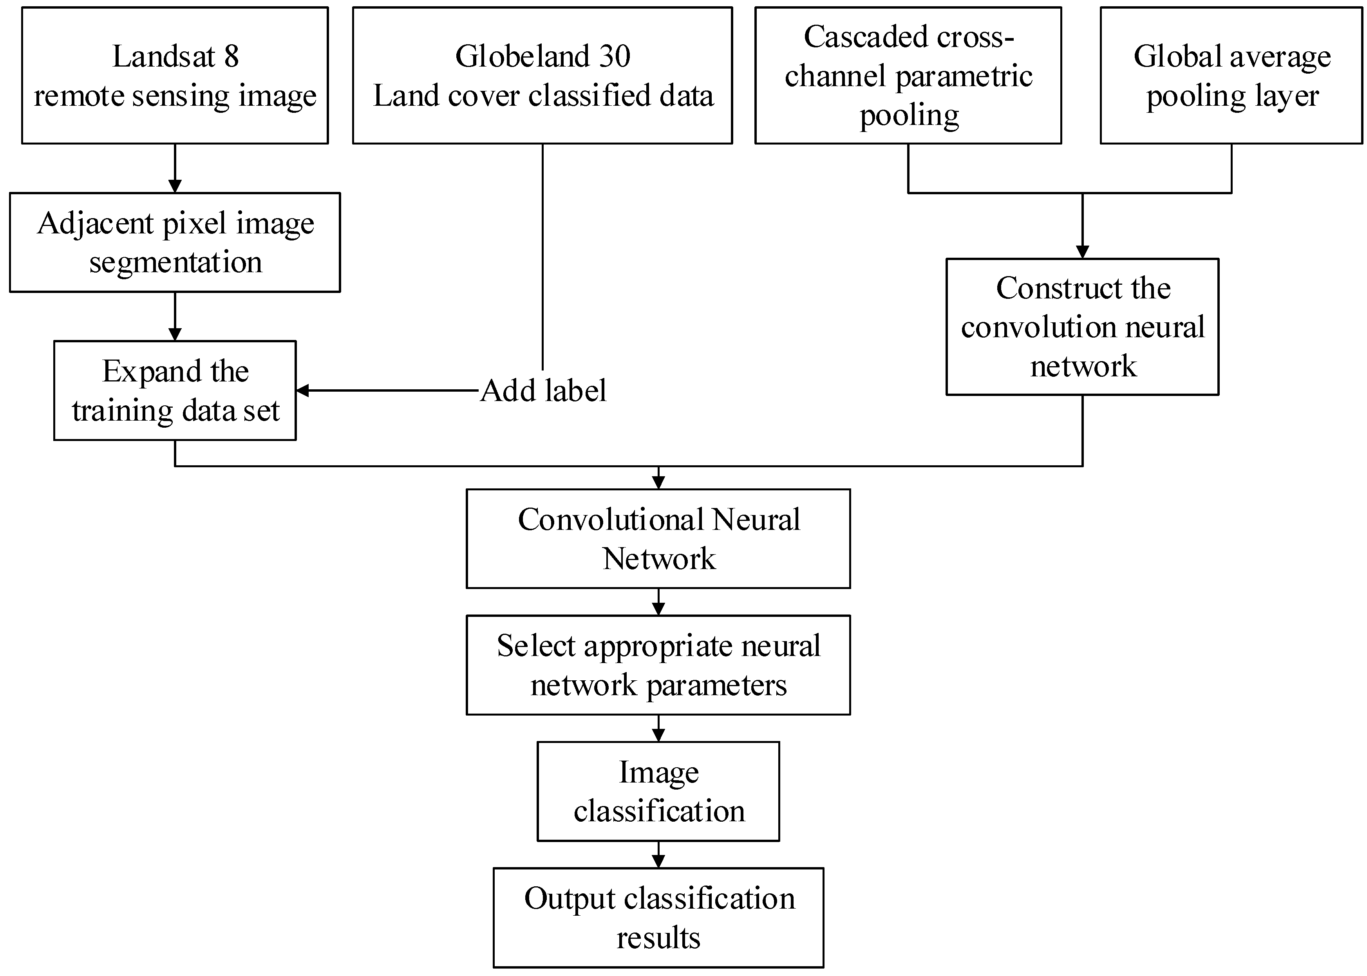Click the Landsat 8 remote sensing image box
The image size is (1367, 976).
pos(175,75)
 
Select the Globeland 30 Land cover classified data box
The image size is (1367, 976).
pos(542,75)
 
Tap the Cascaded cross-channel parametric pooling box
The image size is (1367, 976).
pos(908,75)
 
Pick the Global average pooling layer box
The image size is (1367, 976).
pos(1231,75)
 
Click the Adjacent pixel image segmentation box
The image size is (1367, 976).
pos(175,242)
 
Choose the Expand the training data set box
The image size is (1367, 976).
pos(175,390)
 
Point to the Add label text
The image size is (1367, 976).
pos(544,390)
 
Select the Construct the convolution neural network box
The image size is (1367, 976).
pos(1082,327)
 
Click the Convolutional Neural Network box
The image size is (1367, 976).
pos(658,539)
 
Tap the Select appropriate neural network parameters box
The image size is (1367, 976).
pos(658,665)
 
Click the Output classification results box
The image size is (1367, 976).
pos(658,917)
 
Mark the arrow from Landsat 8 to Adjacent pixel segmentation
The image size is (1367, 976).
pos(175,168)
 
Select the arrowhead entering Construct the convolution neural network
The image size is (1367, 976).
pos(1082,252)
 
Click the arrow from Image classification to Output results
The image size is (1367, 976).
pos(658,854)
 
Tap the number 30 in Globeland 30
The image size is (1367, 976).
pos(614,56)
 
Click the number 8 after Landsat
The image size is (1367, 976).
pos(232,56)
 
